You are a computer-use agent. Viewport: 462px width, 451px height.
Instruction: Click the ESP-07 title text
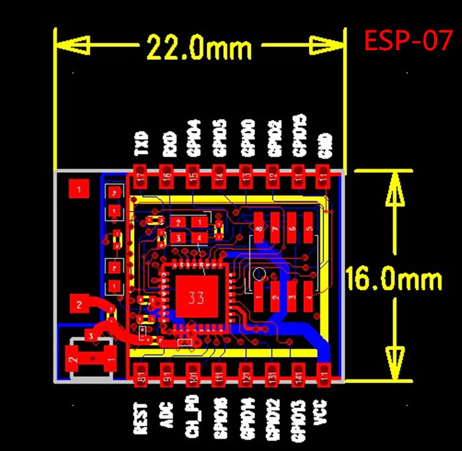pos(409,42)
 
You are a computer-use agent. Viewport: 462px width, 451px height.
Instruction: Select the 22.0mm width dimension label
pos(199,47)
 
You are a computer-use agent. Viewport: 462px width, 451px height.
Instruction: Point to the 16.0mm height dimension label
pos(394,280)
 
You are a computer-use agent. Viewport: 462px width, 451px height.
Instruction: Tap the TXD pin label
pos(141,143)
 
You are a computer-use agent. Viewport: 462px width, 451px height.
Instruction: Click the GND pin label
pos(324,145)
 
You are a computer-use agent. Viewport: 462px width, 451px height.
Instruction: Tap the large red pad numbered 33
pos(195,297)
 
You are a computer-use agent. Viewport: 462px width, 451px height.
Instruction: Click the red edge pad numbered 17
pos(141,176)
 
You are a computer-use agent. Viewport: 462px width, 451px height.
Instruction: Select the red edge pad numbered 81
pos(141,373)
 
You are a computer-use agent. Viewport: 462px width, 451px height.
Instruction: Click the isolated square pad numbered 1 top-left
pos(79,190)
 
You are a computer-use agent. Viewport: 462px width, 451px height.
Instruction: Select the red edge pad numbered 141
pos(298,373)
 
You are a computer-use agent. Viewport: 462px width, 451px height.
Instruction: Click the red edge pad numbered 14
pos(218,176)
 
